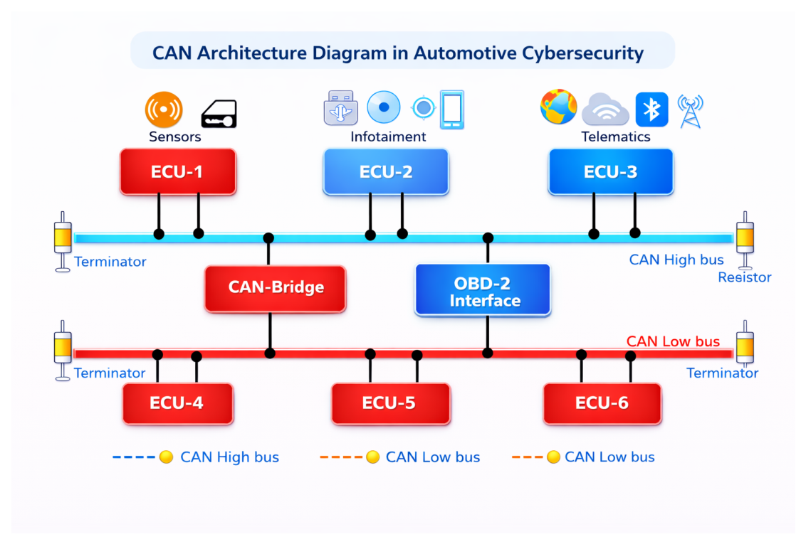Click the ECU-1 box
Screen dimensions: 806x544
pos(178,171)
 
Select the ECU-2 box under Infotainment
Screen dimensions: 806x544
pos(386,171)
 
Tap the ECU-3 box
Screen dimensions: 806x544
pos(611,171)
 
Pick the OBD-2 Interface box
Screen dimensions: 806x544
pos(483,289)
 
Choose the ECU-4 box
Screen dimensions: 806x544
pos(178,403)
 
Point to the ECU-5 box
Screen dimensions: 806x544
pos(391,403)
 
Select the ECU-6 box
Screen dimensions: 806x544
pos(602,403)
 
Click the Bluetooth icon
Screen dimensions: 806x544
pos(651,110)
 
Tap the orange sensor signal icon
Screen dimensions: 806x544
pos(164,110)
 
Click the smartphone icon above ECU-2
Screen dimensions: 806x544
pos(452,110)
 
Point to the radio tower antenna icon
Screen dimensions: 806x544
pos(691,111)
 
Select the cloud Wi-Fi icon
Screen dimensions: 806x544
pos(605,110)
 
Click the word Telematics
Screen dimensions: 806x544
pos(616,137)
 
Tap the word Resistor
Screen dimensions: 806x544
pos(745,277)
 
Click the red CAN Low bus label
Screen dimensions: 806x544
pos(673,341)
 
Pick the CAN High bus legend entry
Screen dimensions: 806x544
pos(196,457)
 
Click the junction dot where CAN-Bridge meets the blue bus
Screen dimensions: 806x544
pos(268,238)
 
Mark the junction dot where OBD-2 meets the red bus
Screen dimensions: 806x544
pos(488,353)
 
